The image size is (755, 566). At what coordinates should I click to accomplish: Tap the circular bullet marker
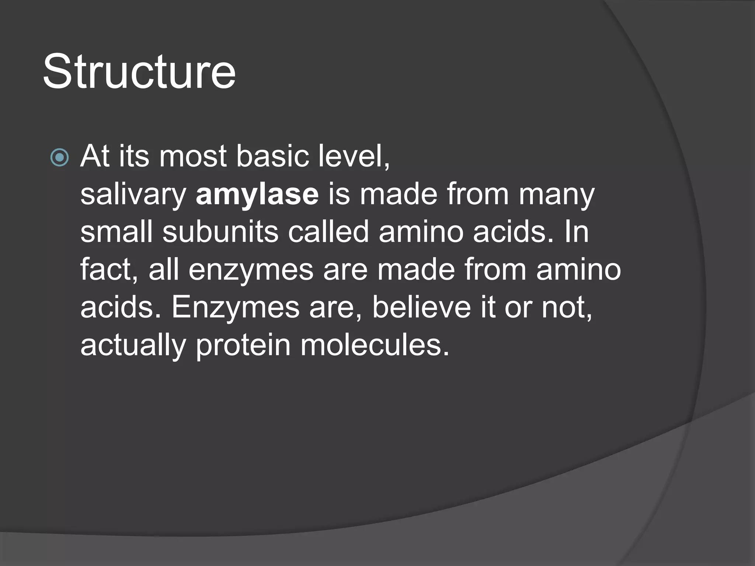tap(59, 158)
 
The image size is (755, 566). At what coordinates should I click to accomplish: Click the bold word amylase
tap(257, 194)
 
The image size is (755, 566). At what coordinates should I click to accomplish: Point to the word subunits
tap(220, 232)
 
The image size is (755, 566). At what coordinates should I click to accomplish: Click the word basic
tap(272, 156)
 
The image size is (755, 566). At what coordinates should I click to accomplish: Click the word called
tap(328, 232)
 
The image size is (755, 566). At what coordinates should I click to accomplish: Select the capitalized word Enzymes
tap(235, 308)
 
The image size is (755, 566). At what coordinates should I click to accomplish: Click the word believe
tap(421, 308)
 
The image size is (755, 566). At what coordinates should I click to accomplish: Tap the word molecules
tap(375, 345)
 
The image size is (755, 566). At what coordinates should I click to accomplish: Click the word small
tap(116, 232)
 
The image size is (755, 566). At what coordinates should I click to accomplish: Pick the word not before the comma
tap(566, 308)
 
